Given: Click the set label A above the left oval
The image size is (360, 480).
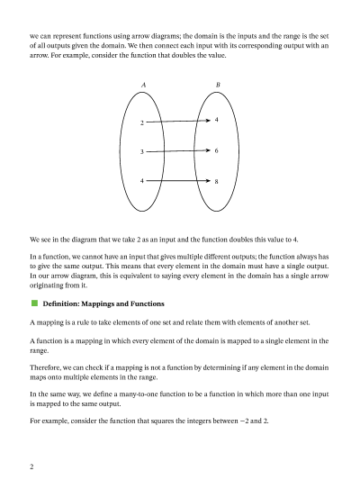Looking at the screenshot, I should [x=143, y=85].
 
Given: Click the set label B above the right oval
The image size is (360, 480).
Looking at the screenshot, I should [x=217, y=85].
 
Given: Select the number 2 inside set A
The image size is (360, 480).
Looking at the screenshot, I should [x=142, y=122].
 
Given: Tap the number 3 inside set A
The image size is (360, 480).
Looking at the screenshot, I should [x=142, y=152].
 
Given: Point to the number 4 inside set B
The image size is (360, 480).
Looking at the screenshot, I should [x=217, y=119].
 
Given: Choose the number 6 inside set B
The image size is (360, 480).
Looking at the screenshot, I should [x=217, y=150].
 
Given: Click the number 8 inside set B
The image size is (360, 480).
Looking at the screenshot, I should [x=217, y=182].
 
